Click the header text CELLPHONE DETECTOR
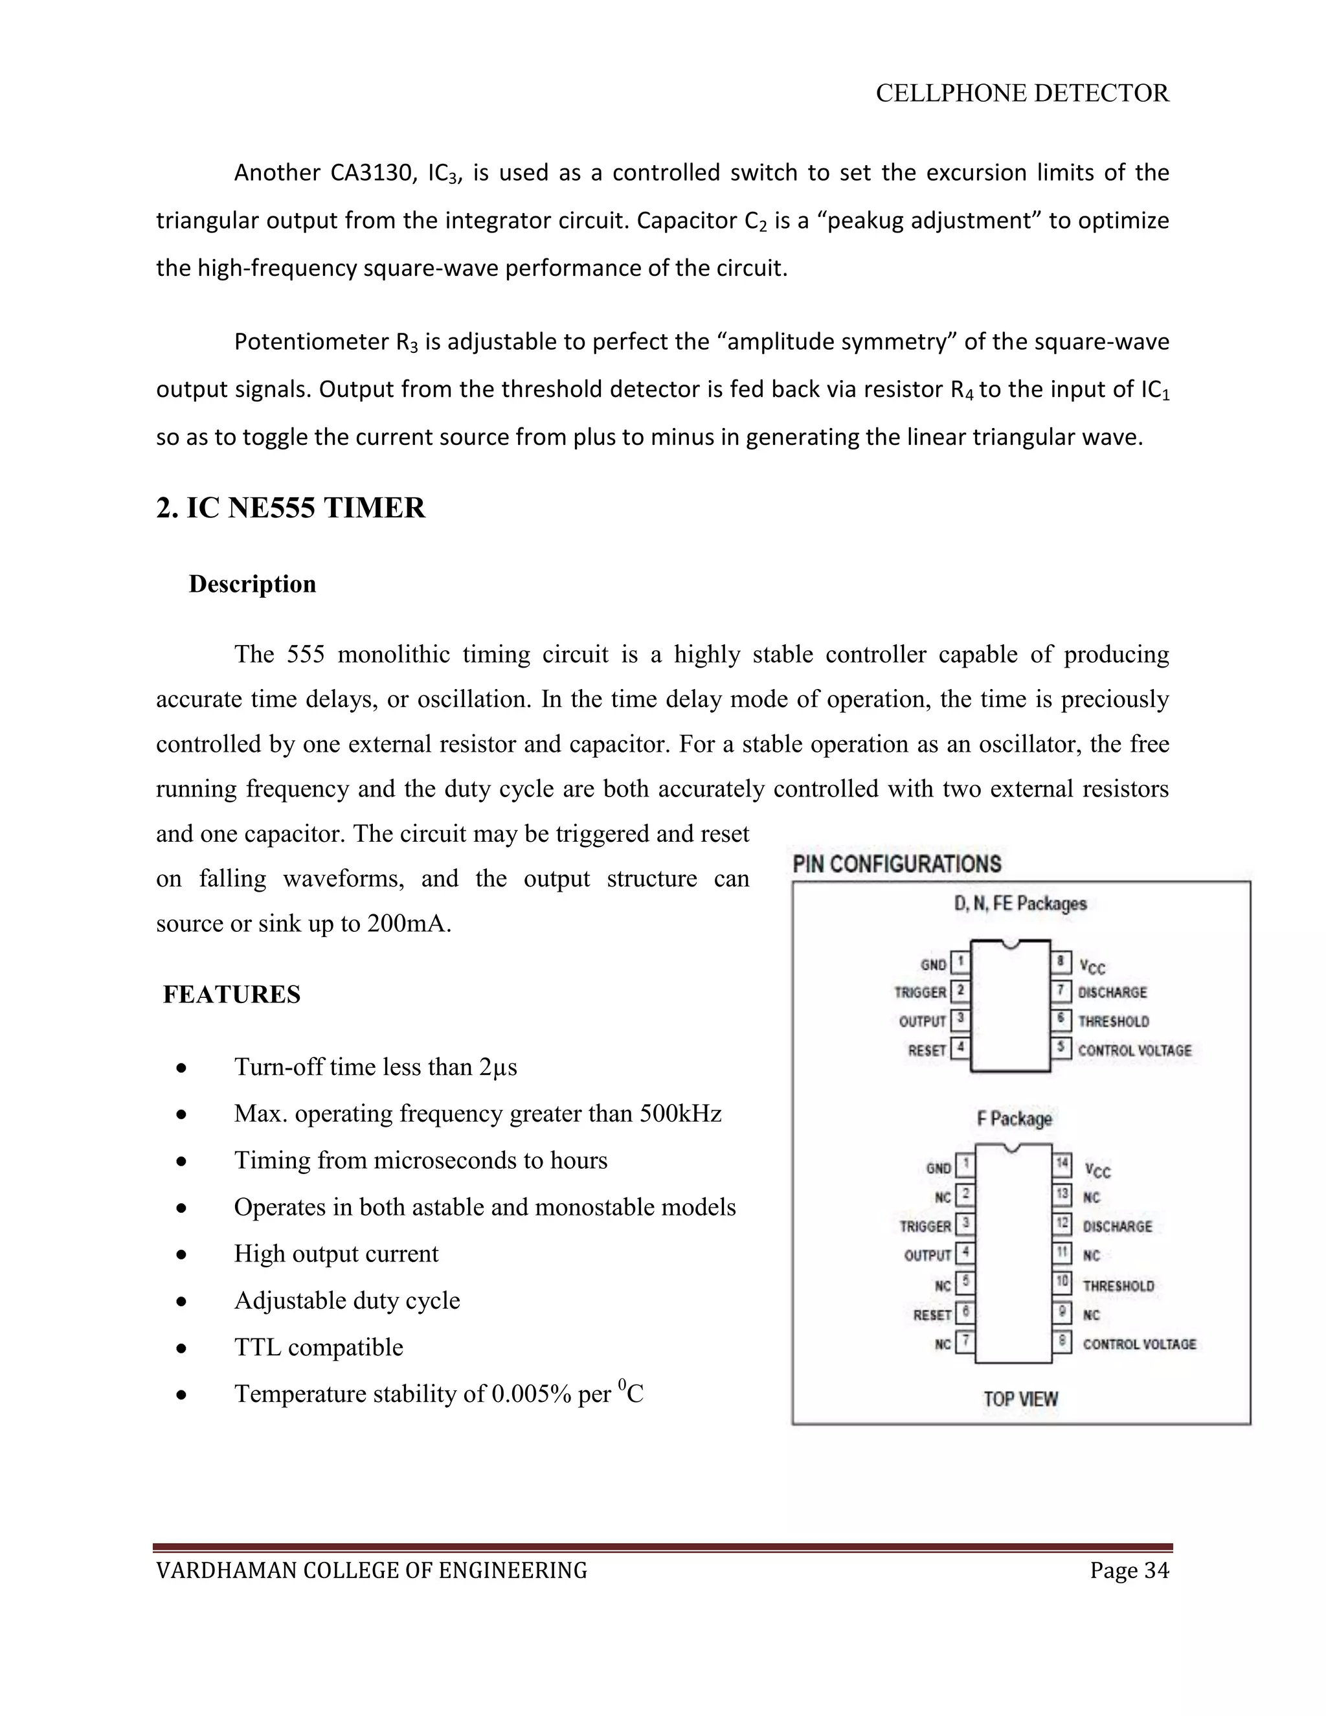pos(1022,93)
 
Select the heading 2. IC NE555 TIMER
pos(291,508)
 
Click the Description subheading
pos(252,584)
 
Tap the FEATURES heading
pos(232,995)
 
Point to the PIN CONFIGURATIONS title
pos(896,864)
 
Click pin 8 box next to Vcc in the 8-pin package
pos(1061,962)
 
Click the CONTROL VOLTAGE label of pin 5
pos(1134,1050)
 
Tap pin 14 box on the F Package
pos(1062,1164)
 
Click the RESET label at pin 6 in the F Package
pos(932,1315)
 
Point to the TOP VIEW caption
pos(1020,1399)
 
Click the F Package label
pos(1014,1118)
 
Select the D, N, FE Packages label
pos(1020,903)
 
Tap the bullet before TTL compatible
pos(181,1348)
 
